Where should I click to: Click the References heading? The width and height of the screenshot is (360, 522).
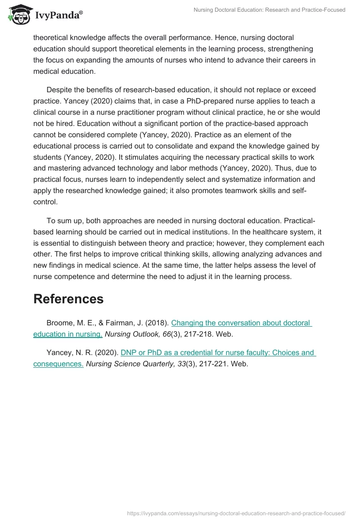click(x=68, y=299)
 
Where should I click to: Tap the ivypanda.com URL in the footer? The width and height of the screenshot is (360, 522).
click(x=236, y=513)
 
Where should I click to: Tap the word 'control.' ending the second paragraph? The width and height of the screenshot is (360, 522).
click(x=45, y=202)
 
